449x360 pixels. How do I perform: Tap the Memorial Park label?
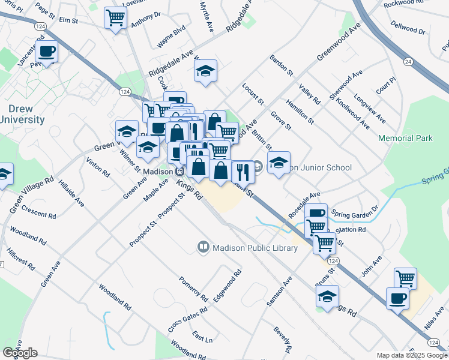[405, 139]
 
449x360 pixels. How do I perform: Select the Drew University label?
[23, 114]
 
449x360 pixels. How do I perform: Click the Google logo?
[20, 353]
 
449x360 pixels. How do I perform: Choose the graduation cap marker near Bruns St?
[327, 296]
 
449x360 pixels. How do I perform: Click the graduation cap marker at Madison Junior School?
[279, 163]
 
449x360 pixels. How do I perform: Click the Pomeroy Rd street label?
[193, 289]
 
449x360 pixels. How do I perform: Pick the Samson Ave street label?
[279, 293]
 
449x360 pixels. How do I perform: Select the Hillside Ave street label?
[71, 194]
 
